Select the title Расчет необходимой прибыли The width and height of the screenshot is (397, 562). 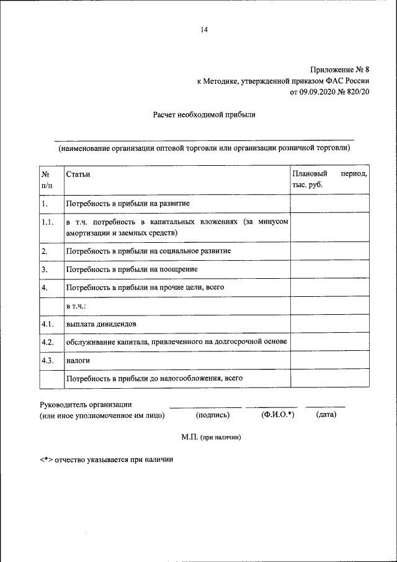pos(204,114)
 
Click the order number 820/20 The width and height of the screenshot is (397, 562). pos(358,93)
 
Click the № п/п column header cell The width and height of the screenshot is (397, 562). pos(47,179)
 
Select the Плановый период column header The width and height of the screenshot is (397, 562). pos(329,179)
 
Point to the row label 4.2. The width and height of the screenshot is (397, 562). pos(48,342)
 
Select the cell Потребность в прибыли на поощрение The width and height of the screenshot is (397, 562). pos(132,270)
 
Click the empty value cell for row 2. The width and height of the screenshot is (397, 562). pos(329,252)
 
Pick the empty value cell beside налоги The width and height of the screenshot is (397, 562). pos(329,360)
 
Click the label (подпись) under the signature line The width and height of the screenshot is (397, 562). pos(212,415)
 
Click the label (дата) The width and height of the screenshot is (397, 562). pos(326,415)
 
